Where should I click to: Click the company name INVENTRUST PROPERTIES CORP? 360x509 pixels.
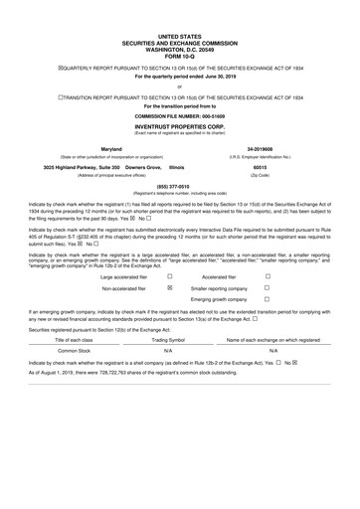179,129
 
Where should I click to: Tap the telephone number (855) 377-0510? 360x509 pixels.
179,186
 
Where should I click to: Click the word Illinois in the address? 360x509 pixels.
177,168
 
